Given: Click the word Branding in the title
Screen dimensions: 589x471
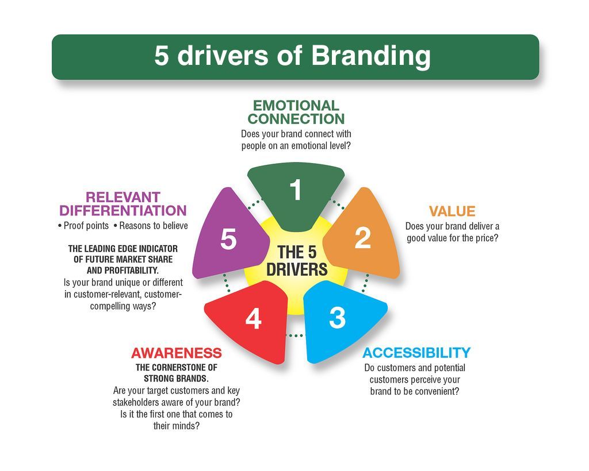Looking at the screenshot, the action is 371,56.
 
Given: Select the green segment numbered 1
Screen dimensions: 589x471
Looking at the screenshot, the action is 296,195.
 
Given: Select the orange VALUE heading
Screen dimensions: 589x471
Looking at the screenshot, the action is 452,211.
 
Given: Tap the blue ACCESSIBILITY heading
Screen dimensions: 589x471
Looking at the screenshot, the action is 416,353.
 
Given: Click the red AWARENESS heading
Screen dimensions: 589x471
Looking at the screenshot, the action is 176,353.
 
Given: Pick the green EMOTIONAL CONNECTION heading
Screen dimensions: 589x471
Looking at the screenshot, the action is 296,112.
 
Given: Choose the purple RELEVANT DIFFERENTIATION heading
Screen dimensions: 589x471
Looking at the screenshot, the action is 123,204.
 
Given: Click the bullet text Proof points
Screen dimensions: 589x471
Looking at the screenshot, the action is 86,226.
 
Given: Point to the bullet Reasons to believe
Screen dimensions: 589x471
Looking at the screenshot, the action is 154,226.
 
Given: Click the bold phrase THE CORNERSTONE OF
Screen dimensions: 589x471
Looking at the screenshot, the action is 176,368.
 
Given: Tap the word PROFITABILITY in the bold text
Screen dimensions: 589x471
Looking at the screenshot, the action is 133,270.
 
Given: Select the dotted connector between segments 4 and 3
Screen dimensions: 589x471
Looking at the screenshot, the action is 295,335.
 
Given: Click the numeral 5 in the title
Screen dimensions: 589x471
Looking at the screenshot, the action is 162,56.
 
